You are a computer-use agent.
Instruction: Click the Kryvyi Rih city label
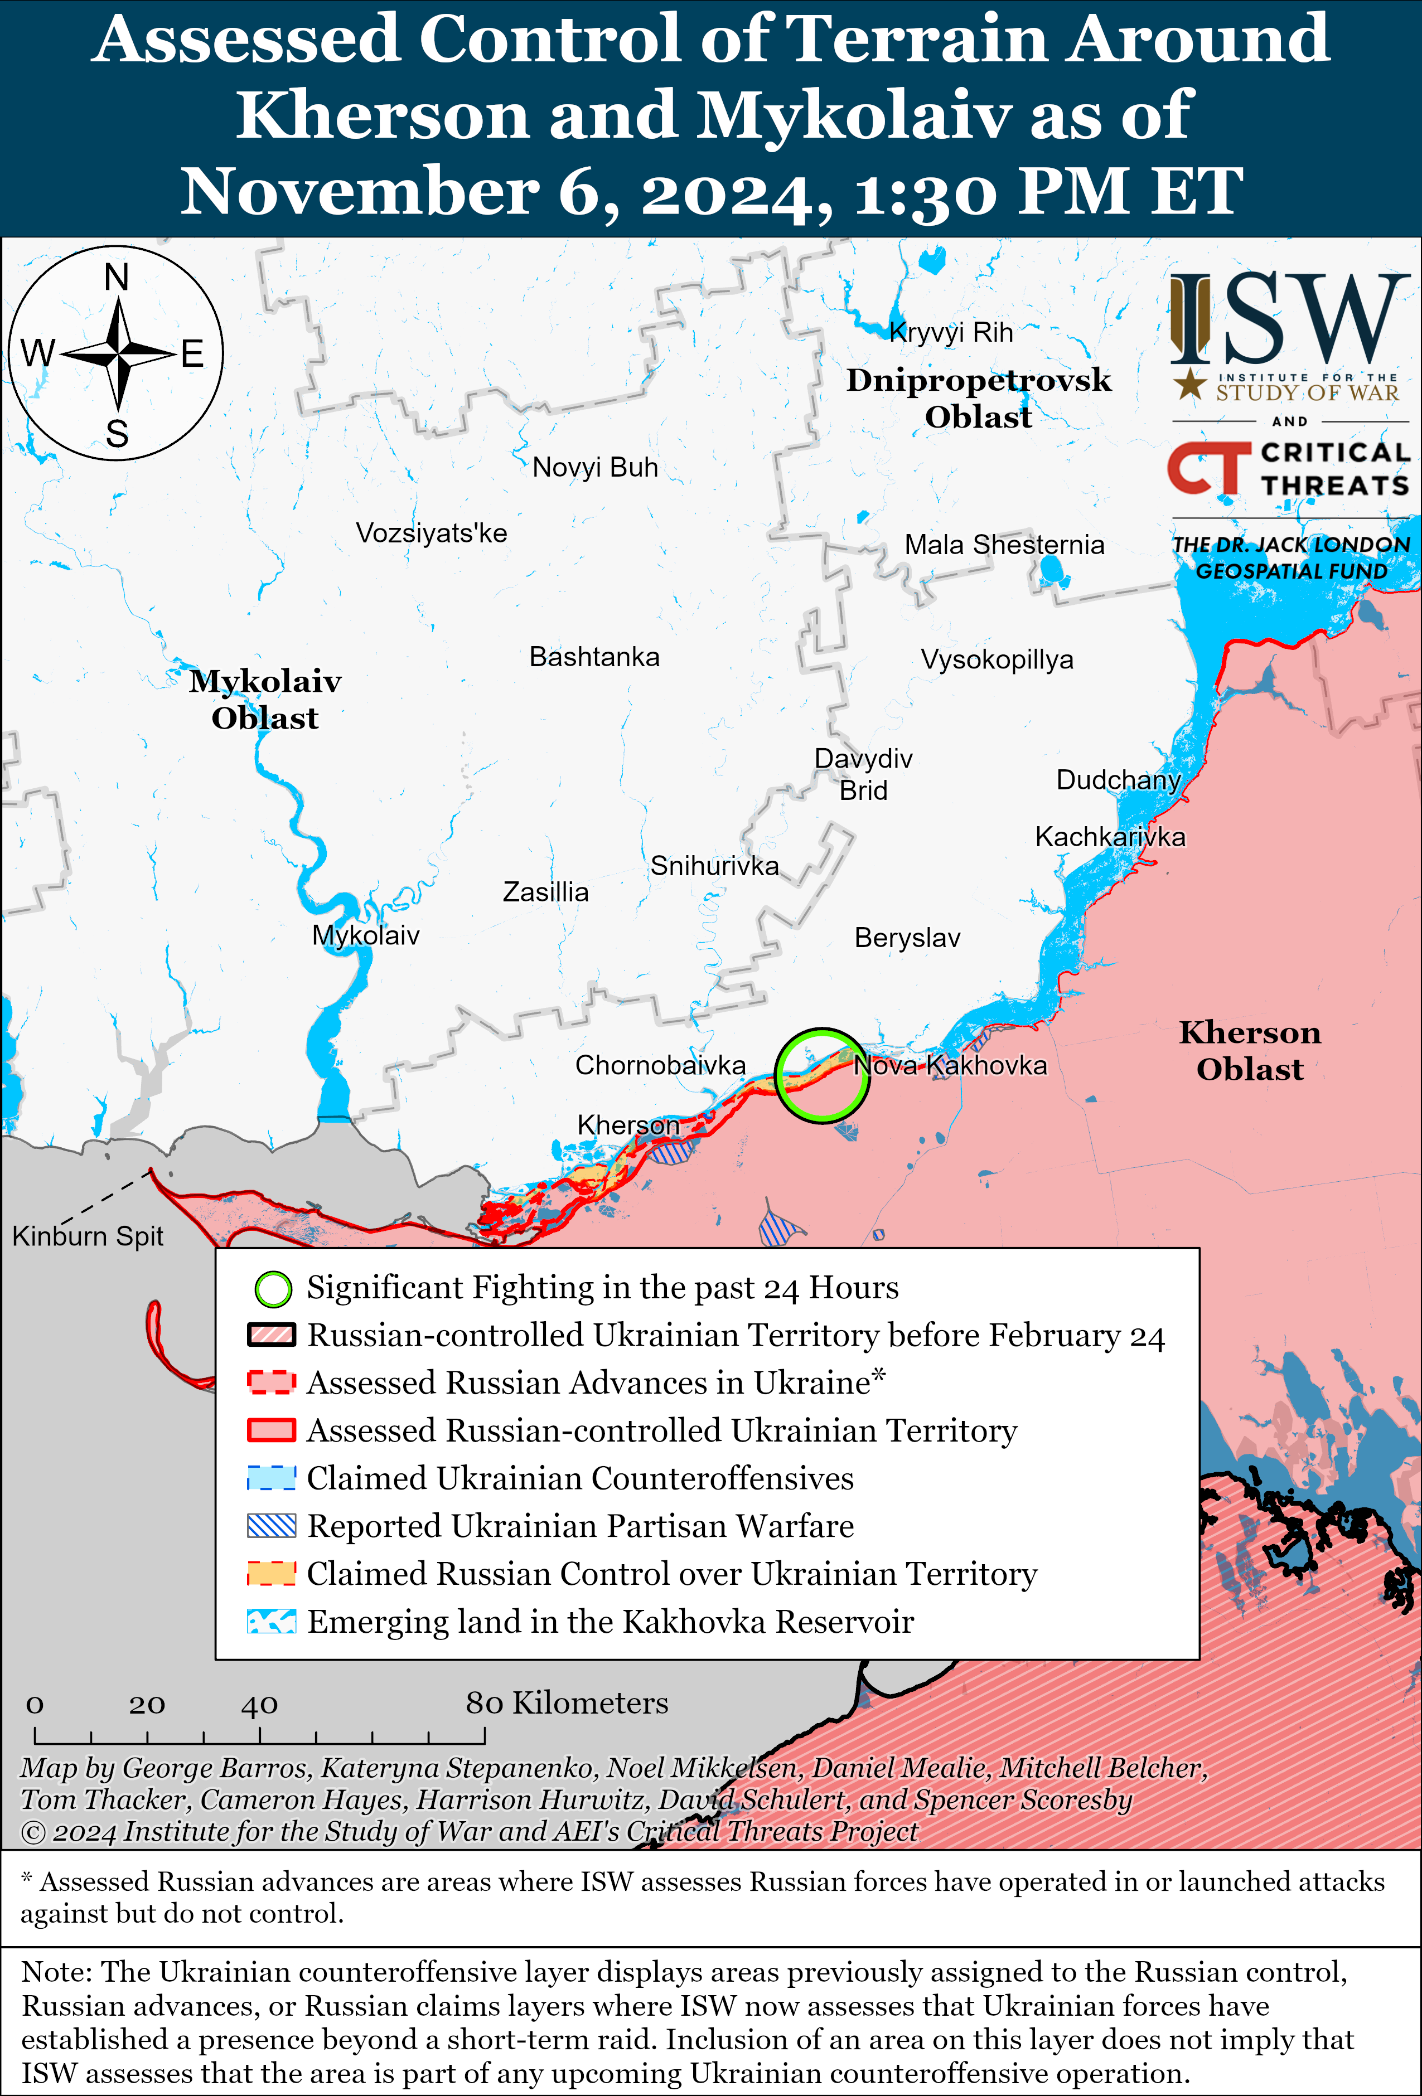(x=951, y=333)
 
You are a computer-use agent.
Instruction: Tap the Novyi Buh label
(x=594, y=467)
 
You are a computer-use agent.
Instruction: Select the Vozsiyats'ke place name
(x=431, y=533)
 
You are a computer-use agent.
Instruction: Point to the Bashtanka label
(x=594, y=657)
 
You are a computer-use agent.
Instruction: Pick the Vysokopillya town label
(x=996, y=659)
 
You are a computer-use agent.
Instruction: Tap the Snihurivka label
(x=714, y=866)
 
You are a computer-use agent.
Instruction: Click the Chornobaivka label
(x=660, y=1065)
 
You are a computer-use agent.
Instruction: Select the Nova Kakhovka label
(x=950, y=1065)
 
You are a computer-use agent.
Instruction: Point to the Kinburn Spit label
(x=88, y=1236)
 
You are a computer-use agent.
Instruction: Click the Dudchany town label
(x=1118, y=779)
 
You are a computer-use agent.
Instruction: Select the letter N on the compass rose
(x=117, y=278)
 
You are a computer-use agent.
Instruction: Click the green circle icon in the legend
(x=273, y=1289)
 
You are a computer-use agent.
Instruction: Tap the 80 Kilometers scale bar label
(x=567, y=1703)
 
